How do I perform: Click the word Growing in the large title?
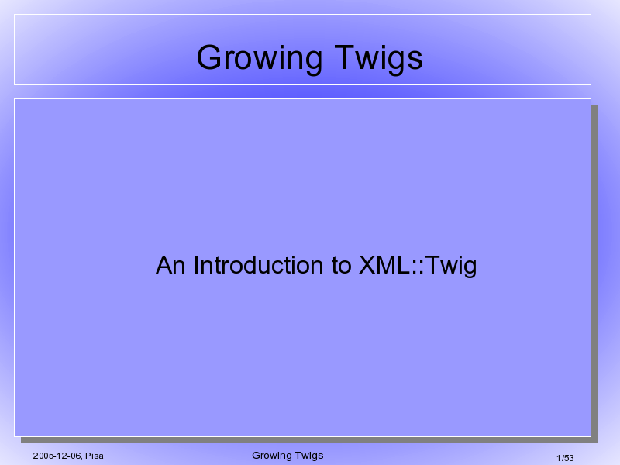[x=260, y=58]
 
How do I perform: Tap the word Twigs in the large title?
[x=379, y=58]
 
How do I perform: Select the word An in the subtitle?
[x=170, y=265]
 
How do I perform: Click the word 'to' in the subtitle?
[x=342, y=266]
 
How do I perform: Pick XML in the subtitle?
[x=384, y=265]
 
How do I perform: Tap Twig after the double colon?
[x=451, y=266]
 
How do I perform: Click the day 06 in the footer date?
[x=76, y=456]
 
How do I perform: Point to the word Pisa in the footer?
[x=95, y=456]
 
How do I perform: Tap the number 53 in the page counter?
[x=569, y=458]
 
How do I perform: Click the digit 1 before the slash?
[x=559, y=458]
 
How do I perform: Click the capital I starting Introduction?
[x=197, y=265]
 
